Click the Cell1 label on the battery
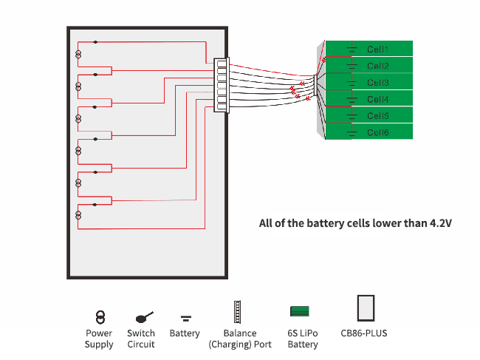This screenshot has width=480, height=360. point(377,50)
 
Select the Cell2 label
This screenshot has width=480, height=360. point(377,67)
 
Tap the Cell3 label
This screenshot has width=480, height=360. point(377,83)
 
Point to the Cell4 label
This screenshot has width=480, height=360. point(377,99)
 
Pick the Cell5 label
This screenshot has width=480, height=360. point(377,116)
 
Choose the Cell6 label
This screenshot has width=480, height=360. point(377,133)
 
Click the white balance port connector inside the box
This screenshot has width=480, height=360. point(221,85)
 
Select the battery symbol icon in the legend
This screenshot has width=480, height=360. point(186,319)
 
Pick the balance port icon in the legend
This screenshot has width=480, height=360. point(238,312)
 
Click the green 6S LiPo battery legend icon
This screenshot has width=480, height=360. point(300,311)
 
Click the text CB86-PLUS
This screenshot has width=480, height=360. point(364,333)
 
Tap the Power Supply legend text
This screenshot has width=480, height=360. point(99,339)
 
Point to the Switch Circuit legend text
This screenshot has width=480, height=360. point(141,339)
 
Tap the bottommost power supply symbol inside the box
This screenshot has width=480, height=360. point(78,215)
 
